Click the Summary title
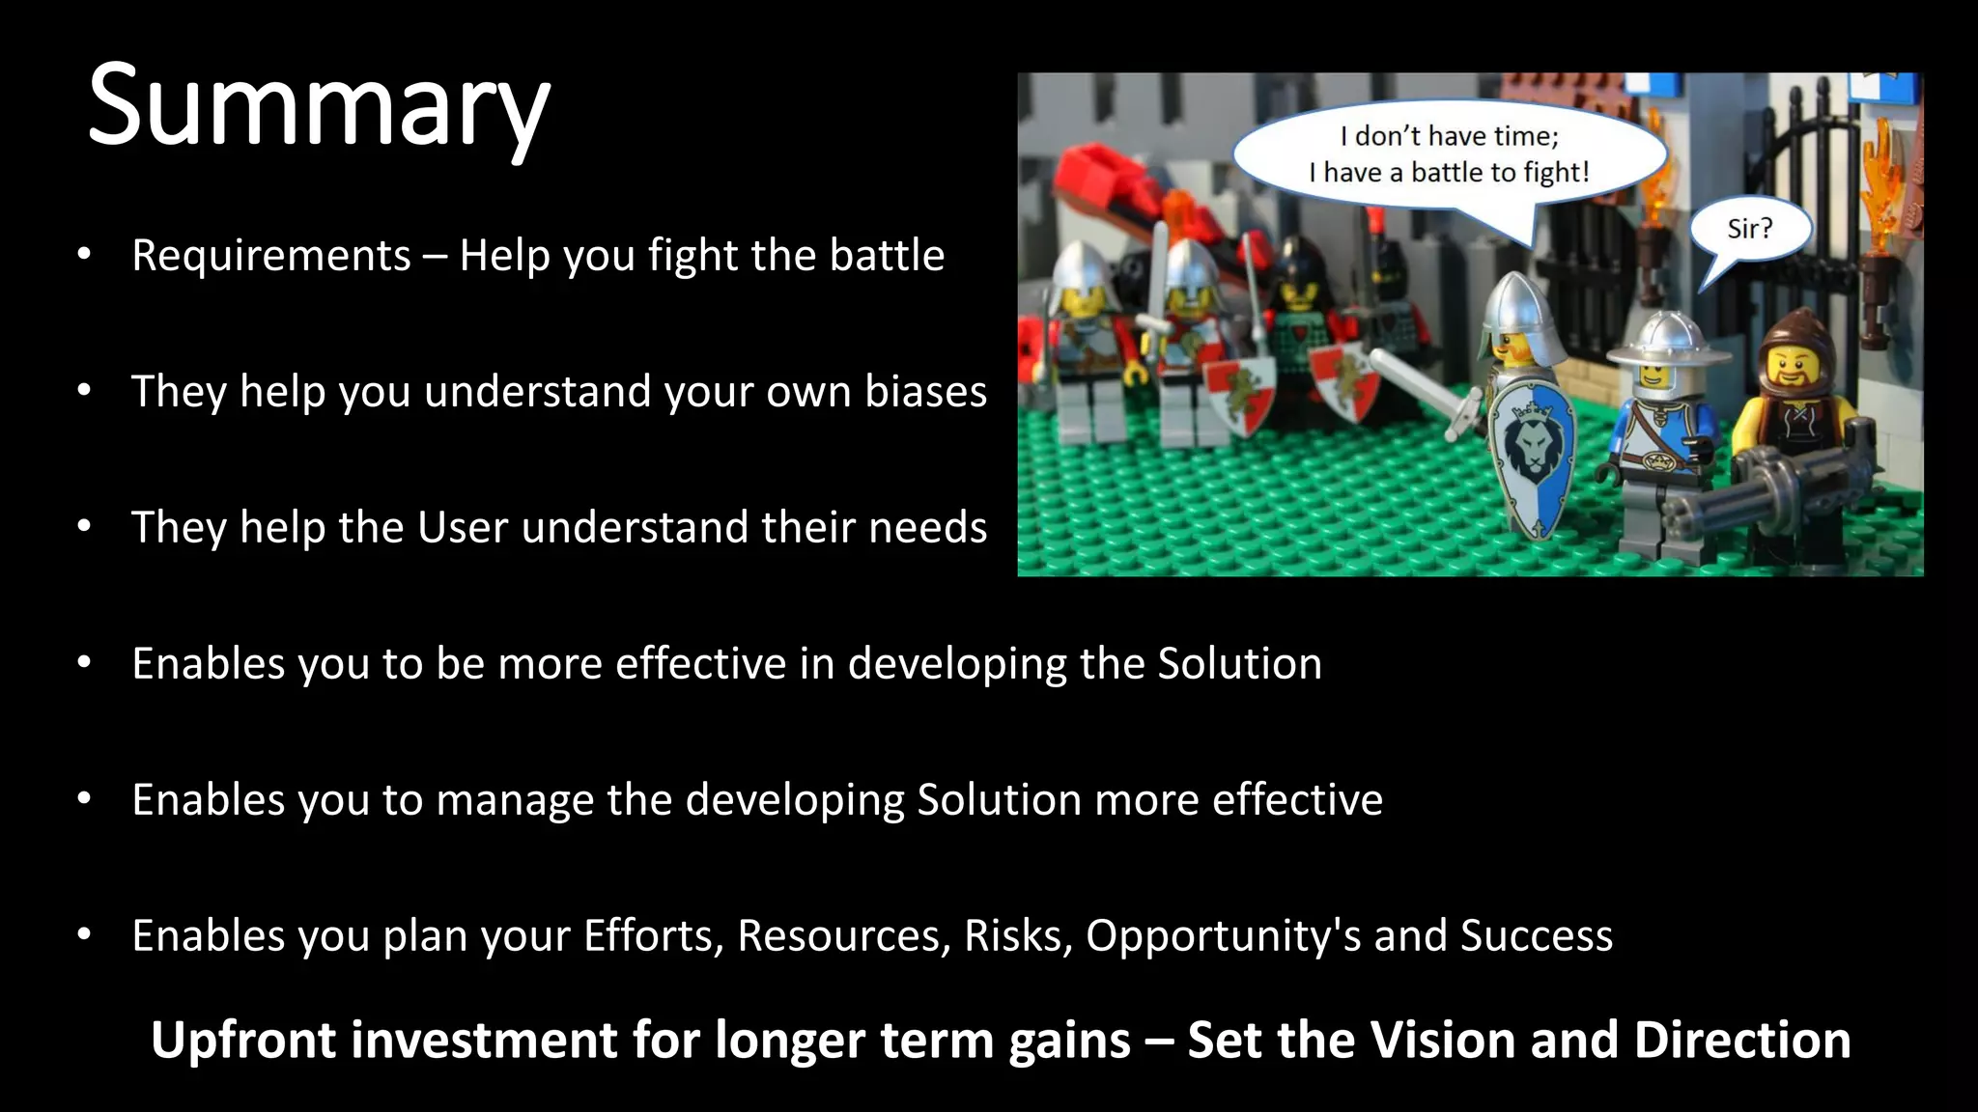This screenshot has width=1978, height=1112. pyautogui.click(x=319, y=106)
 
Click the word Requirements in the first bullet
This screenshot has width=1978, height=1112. pyautogui.click(x=271, y=256)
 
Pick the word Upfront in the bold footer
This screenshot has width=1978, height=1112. pyautogui.click(x=246, y=1041)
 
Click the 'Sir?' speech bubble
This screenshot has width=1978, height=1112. pyautogui.click(x=1749, y=230)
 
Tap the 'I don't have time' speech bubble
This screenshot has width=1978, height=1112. pyautogui.click(x=1449, y=154)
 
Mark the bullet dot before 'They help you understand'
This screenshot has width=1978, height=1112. pyautogui.click(x=84, y=391)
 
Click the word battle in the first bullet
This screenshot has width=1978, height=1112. pyautogui.click(x=887, y=256)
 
